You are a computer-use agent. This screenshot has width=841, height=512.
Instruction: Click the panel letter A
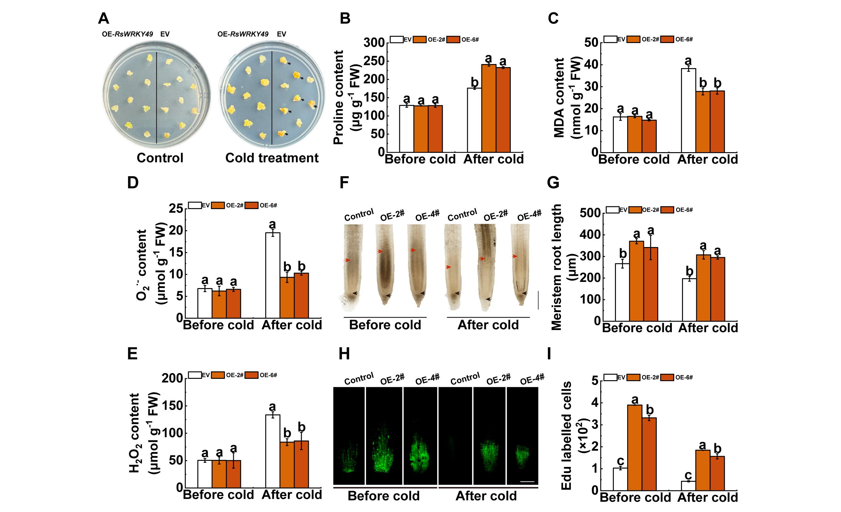click(x=103, y=18)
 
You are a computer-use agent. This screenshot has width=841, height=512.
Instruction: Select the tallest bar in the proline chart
click(x=488, y=108)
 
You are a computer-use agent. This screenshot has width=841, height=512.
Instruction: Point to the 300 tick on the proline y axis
click(x=374, y=43)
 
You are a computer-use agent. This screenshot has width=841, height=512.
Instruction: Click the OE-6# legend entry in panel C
click(x=677, y=39)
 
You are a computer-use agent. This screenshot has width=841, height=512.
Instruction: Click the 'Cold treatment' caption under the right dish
click(x=272, y=158)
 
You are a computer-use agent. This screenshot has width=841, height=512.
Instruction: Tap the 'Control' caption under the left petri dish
click(x=160, y=158)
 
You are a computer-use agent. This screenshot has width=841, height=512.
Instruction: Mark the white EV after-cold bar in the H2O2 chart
click(x=273, y=451)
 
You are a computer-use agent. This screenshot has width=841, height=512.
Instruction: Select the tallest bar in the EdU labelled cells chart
click(x=635, y=448)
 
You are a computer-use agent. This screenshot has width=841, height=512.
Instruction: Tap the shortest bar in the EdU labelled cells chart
click(x=688, y=486)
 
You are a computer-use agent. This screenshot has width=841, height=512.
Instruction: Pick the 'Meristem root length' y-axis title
click(x=557, y=267)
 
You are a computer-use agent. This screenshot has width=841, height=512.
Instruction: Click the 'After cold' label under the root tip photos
click(x=488, y=325)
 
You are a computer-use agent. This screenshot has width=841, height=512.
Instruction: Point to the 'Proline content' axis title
click(x=338, y=98)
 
